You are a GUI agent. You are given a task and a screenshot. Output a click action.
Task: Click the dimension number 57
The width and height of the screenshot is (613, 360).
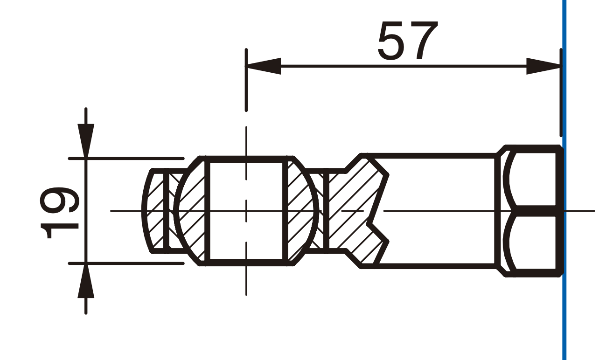pos(407,41)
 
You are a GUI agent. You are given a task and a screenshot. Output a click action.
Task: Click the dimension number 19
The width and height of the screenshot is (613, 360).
pos(60,212)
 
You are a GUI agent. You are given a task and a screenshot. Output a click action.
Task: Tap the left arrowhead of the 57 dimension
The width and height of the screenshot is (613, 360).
pos(263,66)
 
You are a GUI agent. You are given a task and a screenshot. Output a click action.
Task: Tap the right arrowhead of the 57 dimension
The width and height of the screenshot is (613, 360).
pos(543,66)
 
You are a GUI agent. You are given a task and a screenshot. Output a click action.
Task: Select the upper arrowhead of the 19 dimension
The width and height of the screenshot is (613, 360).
pos(86,141)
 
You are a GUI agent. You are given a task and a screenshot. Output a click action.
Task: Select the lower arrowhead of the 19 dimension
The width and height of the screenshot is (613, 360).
pos(86,281)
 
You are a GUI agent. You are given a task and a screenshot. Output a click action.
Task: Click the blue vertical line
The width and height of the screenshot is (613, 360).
pos(564,180)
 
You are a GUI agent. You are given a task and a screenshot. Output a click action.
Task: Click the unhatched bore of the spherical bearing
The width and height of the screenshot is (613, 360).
pos(246,211)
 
